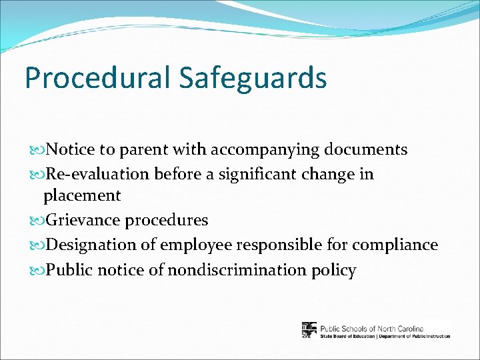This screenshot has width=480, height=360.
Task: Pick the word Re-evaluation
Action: (x=99, y=174)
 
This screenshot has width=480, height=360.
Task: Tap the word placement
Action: (x=82, y=196)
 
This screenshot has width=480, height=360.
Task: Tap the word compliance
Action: (x=395, y=245)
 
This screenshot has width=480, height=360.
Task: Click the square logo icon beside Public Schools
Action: (x=309, y=330)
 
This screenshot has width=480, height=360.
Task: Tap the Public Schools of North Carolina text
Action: (x=372, y=327)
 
